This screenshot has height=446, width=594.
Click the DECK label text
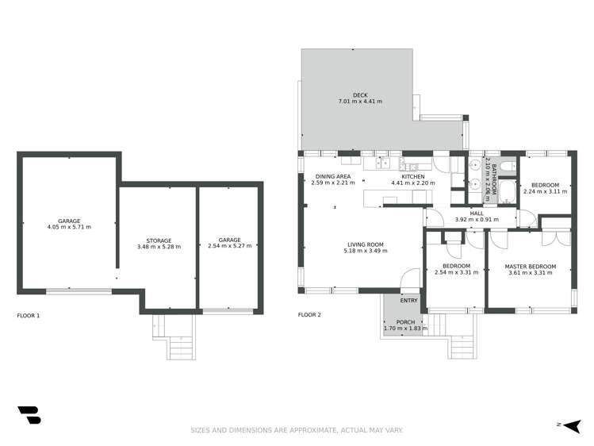click(361, 94)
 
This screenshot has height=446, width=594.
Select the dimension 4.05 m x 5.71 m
click(69, 227)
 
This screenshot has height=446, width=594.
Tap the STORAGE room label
click(158, 240)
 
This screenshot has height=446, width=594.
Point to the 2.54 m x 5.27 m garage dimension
click(229, 246)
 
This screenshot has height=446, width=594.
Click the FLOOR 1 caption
click(29, 315)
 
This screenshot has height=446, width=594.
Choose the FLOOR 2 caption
click(309, 315)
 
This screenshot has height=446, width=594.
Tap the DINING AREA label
click(332, 176)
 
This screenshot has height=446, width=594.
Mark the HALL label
click(475, 213)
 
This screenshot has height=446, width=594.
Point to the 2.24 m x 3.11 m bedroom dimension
click(545, 191)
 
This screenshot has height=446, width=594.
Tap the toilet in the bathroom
click(507, 166)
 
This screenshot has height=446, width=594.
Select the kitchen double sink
click(384, 163)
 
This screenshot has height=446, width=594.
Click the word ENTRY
click(408, 300)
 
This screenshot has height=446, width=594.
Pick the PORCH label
click(404, 321)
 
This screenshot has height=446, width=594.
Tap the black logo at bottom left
click(29, 416)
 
